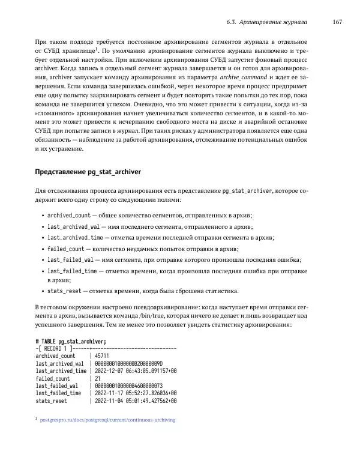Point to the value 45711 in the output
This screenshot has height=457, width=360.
pos(101,355)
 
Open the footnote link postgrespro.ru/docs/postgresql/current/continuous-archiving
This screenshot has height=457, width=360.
pos(107,420)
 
